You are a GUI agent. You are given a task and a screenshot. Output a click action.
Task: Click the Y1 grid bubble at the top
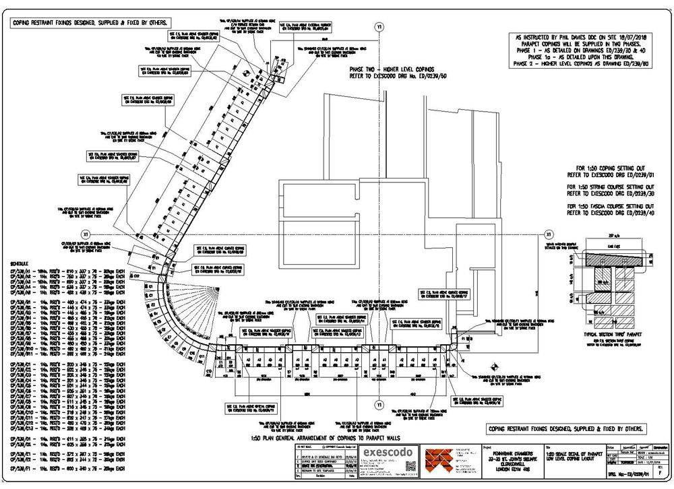pyautogui.click(x=378, y=27)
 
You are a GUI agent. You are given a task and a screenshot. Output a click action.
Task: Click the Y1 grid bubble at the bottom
pyautogui.click(x=378, y=405)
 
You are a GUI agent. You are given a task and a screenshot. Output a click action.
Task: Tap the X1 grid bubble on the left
pyautogui.click(x=86, y=233)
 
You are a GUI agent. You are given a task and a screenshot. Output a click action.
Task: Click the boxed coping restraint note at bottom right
pyautogui.click(x=565, y=429)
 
